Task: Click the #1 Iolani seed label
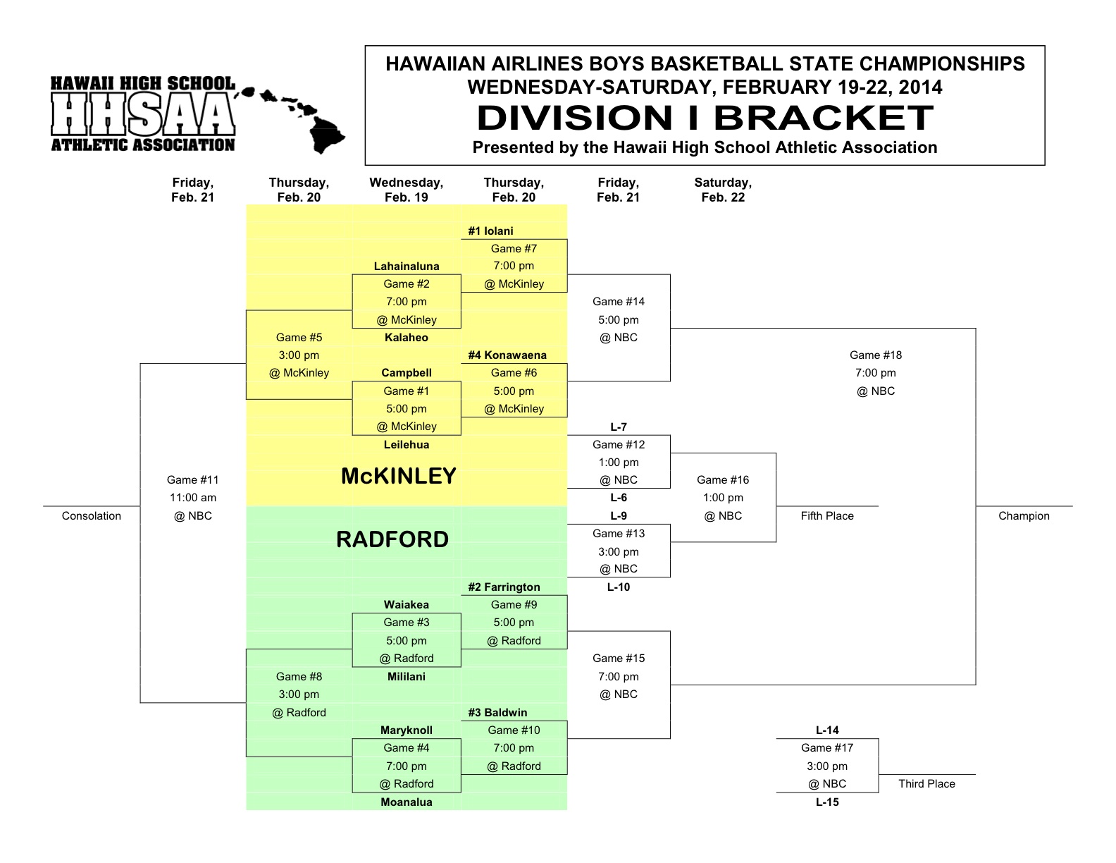[x=490, y=231]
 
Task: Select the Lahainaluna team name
[x=407, y=267]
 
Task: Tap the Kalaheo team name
[x=407, y=338]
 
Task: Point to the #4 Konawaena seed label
[x=507, y=355]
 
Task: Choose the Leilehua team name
[x=407, y=445]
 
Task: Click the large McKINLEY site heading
[x=399, y=476]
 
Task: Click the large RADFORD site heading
[x=392, y=539]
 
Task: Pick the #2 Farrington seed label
[x=504, y=587]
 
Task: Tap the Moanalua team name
[x=407, y=802]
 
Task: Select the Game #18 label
[x=876, y=355]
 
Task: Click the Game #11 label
[x=192, y=479]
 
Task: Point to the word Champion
[x=1024, y=515]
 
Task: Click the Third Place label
[x=926, y=784]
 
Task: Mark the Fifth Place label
[x=827, y=515]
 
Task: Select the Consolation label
[x=92, y=515]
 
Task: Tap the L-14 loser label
[x=827, y=730]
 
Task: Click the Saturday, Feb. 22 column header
[x=723, y=190]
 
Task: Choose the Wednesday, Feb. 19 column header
[x=407, y=190]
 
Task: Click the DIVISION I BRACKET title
[x=705, y=118]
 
